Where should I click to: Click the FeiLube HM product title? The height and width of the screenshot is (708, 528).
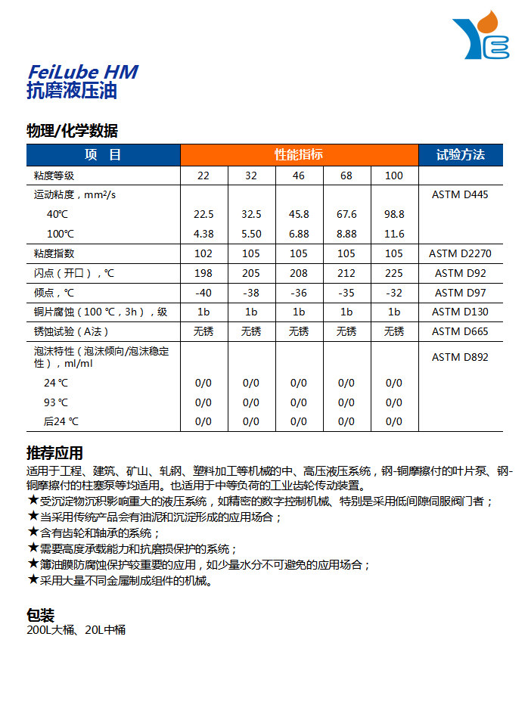pos(82,72)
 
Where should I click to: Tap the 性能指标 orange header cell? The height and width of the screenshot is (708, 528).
pos(299,155)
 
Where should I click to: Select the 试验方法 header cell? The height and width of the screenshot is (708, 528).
pos(460,155)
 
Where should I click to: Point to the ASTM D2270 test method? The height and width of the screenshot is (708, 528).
pos(460,253)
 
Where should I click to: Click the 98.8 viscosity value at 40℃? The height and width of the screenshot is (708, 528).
pos(394,214)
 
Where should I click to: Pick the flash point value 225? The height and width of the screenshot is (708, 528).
pos(394,273)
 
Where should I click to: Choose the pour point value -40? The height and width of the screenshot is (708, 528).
pos(203,293)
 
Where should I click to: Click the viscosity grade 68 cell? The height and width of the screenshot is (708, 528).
pos(346,175)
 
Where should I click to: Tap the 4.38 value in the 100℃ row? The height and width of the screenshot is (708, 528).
pos(203,234)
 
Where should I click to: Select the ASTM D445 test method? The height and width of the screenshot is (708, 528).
pos(460,194)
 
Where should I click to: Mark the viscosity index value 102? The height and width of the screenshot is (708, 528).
pos(203,253)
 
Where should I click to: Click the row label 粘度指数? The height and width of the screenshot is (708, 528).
pos(54,253)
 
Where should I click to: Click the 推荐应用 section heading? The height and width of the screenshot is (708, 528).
pos(54,453)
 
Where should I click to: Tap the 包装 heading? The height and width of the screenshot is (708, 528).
pos(41,614)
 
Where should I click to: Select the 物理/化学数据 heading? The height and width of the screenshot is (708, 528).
pos(72,131)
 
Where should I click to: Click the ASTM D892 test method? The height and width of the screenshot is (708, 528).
pos(460,357)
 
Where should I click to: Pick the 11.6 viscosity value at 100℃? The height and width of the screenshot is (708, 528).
pos(394,234)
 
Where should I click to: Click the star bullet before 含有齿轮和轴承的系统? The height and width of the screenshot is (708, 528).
pos(33,532)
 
